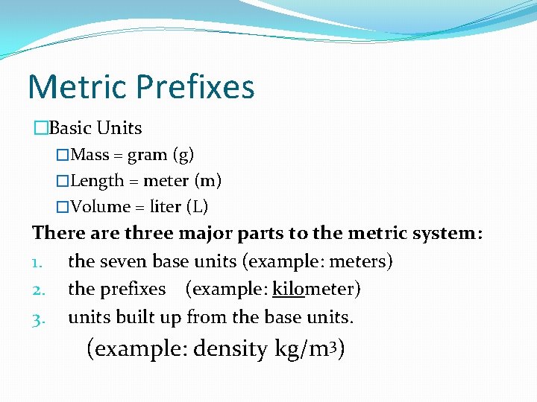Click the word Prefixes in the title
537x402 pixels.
click(x=195, y=87)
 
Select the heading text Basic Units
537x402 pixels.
click(x=95, y=128)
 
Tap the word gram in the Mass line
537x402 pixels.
click(x=147, y=155)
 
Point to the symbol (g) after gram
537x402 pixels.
click(x=183, y=156)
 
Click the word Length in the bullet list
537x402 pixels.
click(x=98, y=181)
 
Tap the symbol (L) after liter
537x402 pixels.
click(x=197, y=206)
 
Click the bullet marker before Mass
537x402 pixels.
click(x=63, y=156)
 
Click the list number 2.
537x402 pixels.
click(x=38, y=289)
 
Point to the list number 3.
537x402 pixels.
click(x=38, y=318)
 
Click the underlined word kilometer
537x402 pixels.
click(x=316, y=289)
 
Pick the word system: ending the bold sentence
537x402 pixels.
click(x=447, y=234)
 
